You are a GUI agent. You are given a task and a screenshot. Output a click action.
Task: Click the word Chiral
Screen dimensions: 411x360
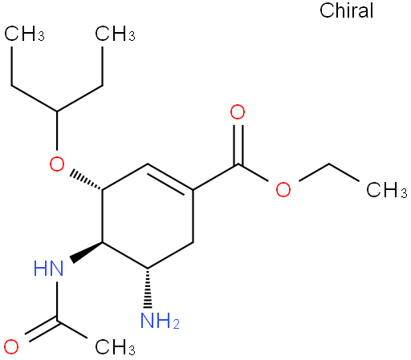coord(346,10)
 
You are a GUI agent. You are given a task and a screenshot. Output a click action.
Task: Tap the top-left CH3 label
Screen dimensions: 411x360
coord(24,34)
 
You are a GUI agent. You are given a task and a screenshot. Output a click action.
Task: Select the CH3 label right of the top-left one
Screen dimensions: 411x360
coord(115,34)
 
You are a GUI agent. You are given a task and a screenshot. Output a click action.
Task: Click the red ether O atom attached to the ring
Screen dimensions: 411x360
coord(57,164)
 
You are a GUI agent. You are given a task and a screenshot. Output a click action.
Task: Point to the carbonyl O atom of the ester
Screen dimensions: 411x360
coord(238,112)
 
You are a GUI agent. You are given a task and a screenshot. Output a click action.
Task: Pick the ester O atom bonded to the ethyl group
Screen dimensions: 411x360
coord(283,189)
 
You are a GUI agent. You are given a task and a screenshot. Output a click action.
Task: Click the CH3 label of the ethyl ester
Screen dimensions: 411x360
coord(387,190)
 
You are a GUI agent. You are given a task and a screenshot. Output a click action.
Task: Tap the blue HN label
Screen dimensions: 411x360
coord(49,269)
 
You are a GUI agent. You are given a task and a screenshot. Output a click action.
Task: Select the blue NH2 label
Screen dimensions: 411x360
coord(160,321)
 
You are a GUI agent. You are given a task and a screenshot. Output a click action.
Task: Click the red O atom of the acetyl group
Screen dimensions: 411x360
coord(11,346)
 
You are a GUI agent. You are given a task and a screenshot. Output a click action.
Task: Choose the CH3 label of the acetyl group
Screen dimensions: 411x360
coord(115,347)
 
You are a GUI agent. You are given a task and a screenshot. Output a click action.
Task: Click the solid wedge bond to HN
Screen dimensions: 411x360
coord(87,252)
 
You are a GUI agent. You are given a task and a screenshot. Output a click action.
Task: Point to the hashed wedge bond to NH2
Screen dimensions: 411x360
coord(148,288)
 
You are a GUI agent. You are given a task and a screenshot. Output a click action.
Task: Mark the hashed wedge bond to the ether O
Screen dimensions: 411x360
coord(87,180)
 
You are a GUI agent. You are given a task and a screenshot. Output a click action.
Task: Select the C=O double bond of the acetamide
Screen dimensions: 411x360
coord(42,330)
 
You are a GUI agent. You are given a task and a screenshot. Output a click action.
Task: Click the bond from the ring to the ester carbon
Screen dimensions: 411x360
coord(216,177)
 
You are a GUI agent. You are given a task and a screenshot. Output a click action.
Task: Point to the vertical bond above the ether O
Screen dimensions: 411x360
coord(57,131)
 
